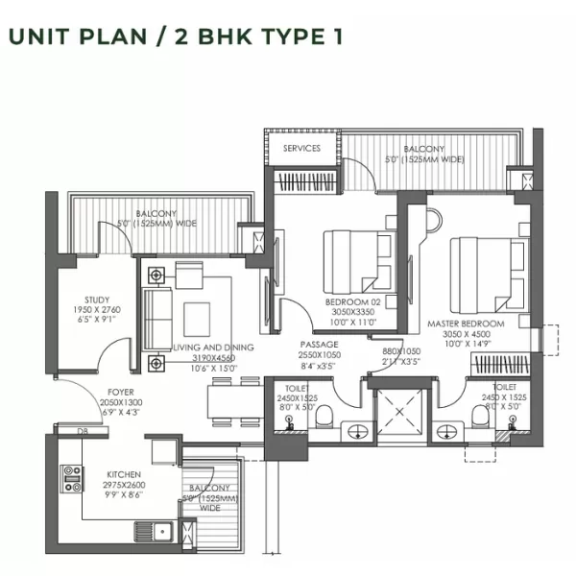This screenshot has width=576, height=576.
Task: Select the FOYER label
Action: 119,393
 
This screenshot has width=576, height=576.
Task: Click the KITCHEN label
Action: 125,473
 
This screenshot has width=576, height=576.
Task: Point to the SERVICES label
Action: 300,149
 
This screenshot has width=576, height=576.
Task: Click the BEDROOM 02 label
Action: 329,301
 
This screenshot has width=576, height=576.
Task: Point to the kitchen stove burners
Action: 72,478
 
